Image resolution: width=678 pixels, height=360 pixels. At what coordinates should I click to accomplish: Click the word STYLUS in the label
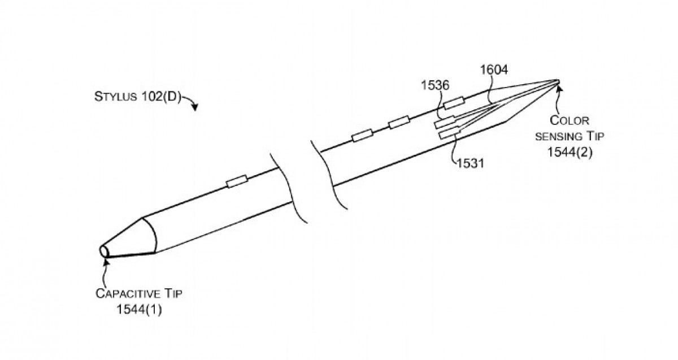pos(115,97)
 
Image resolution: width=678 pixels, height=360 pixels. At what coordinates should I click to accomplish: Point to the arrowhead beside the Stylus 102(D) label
pos(195,107)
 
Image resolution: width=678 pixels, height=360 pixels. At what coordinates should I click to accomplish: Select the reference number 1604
pos(494,70)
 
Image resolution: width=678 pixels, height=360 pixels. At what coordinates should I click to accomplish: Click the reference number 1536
pos(435,85)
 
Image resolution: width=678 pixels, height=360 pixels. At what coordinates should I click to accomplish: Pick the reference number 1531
pos(470,163)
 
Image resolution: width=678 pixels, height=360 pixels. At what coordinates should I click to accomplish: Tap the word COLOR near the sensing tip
pos(570,120)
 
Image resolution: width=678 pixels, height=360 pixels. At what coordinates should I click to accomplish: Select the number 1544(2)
pos(570,152)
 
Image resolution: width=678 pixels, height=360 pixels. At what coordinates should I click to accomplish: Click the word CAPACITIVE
pos(128,294)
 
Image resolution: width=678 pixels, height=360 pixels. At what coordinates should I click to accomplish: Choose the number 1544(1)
pos(139,310)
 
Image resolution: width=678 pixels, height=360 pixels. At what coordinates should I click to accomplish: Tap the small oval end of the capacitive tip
pos(104,251)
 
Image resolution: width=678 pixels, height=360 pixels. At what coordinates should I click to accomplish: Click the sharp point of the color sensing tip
pos(559,80)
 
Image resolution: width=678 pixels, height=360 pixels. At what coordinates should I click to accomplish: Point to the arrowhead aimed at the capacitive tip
pos(106,261)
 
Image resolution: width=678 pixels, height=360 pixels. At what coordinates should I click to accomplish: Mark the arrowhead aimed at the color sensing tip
pos(559,88)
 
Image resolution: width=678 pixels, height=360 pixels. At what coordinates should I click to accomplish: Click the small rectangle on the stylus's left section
pos(237,181)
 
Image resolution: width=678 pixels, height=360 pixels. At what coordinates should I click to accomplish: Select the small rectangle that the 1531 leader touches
pos(450,133)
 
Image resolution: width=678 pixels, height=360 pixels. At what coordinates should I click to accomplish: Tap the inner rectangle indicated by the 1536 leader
pos(445,122)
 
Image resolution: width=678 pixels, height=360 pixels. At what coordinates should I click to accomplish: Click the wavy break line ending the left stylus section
pos(289,188)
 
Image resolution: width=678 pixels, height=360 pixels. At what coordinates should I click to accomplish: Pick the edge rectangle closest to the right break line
pos(362,135)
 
